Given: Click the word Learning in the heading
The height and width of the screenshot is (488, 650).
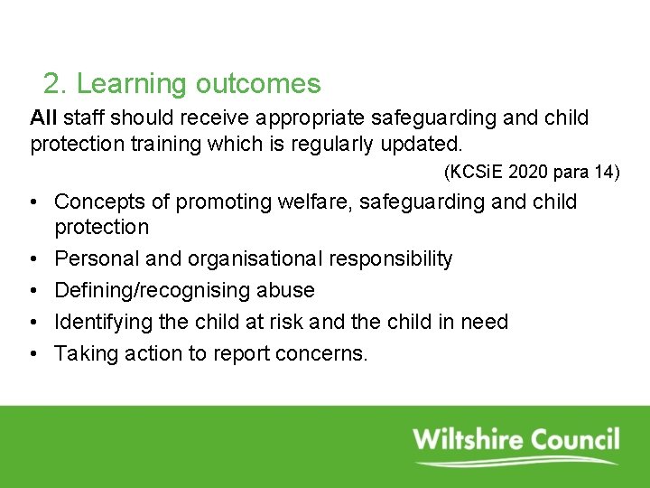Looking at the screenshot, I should point(132,84).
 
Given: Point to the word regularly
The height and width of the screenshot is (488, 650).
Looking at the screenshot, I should point(347,143).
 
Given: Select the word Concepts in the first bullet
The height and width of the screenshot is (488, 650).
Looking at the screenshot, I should point(98,202).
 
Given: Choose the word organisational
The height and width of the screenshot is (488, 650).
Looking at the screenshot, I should point(255,258).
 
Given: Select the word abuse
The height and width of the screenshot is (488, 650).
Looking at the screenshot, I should point(285,290).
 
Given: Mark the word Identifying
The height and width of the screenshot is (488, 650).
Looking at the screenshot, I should point(100,322).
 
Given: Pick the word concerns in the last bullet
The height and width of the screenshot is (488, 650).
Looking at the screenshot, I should point(326,353).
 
